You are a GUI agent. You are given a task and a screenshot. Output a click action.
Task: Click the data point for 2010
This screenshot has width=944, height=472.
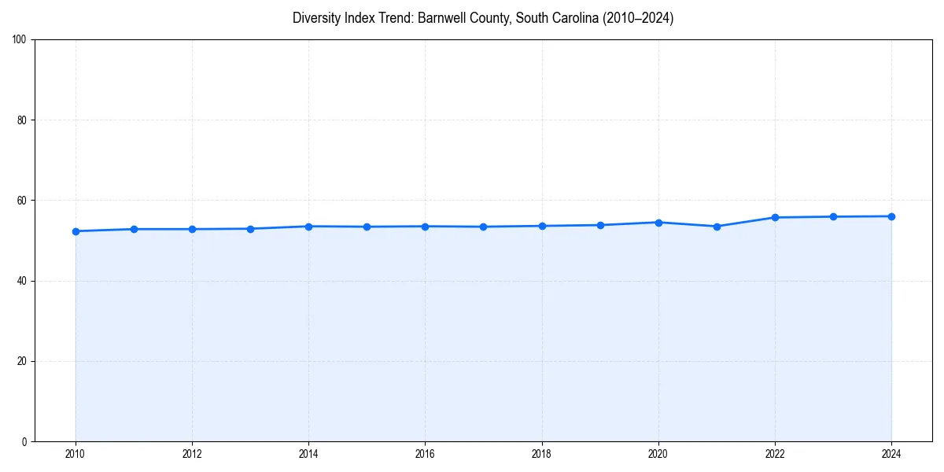[76, 231]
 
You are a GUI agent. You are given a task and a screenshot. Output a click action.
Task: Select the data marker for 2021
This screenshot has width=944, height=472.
[717, 227]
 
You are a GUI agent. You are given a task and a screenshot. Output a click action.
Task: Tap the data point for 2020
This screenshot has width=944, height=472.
[658, 223]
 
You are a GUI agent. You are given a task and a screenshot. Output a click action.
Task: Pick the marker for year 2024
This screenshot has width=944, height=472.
[891, 216]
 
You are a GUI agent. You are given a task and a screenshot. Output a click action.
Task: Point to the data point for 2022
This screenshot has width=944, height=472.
[775, 217]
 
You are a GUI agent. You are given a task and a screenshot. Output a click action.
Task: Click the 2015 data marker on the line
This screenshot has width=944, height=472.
[367, 227]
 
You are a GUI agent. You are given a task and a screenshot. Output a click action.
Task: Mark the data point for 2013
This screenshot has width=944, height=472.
[250, 229]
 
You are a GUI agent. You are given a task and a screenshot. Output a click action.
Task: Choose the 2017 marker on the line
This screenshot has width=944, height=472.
[483, 227]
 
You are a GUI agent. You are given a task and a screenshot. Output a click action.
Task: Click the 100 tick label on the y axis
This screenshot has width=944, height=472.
[20, 40]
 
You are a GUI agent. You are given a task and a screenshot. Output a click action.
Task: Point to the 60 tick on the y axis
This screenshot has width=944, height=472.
[22, 201]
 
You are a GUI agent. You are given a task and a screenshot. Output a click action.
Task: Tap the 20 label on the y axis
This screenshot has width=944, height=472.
[22, 361]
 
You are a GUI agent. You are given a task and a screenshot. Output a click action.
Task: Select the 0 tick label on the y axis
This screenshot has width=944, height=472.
[24, 441]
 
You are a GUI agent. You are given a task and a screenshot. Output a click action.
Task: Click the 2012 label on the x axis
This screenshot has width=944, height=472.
[192, 454]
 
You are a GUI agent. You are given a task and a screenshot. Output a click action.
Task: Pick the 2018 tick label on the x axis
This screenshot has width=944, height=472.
[541, 454]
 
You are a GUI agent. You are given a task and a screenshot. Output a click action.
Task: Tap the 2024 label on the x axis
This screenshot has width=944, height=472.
[891, 454]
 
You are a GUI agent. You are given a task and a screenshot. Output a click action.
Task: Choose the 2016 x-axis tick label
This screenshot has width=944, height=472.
[425, 454]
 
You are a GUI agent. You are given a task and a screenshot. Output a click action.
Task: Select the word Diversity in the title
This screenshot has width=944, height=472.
[316, 18]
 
